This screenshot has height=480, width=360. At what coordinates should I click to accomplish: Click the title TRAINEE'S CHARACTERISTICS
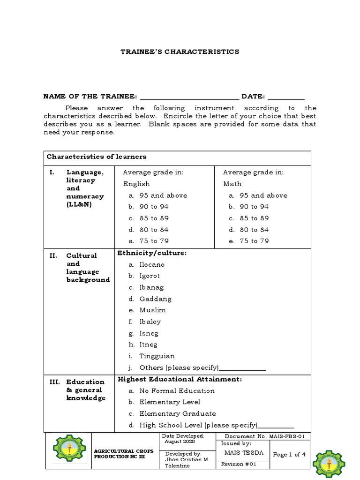pyautogui.click(x=180, y=52)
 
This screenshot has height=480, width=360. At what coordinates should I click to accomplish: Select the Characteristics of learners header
pyautogui.click(x=96, y=157)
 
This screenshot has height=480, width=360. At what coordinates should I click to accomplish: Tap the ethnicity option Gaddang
pyautogui.click(x=155, y=299)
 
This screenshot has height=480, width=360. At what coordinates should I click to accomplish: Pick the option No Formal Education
pyautogui.click(x=177, y=391)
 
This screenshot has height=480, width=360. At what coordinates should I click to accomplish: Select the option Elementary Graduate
pyautogui.click(x=177, y=414)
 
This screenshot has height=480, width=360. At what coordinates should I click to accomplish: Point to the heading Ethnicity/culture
pyautogui.click(x=152, y=253)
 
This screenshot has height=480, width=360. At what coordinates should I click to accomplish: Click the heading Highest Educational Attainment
pyautogui.click(x=180, y=379)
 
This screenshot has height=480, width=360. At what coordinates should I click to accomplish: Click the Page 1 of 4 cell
pyautogui.click(x=289, y=454)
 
